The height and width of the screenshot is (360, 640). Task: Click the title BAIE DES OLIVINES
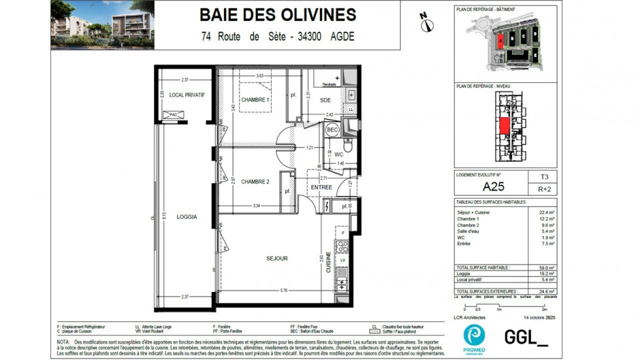[x=278, y=15]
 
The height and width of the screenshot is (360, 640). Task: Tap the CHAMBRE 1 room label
[x=254, y=100]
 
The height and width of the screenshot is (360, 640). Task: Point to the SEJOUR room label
[x=278, y=259]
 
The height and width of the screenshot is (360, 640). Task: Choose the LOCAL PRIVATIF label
[x=187, y=95]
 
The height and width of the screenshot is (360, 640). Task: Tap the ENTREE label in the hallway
[x=321, y=188]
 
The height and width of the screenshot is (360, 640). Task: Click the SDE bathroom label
[x=325, y=100]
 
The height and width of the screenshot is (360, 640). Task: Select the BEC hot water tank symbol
[x=332, y=130]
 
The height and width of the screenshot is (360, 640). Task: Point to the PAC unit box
[x=173, y=115]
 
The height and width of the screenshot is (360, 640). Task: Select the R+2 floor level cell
[x=544, y=190]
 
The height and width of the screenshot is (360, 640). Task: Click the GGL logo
[x=526, y=336]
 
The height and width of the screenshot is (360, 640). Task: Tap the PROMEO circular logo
[x=473, y=335]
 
